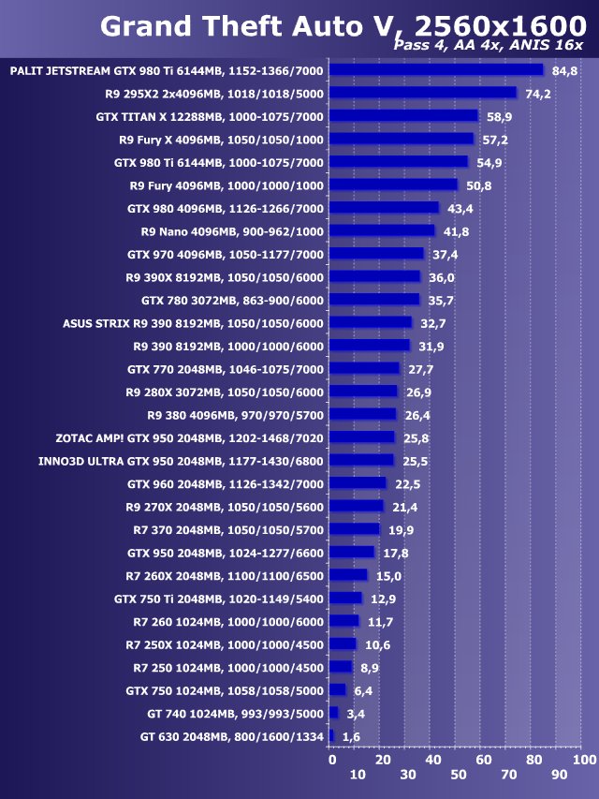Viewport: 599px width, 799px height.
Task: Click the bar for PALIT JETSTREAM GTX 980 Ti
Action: coord(436,70)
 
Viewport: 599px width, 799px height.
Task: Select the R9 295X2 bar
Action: coord(423,93)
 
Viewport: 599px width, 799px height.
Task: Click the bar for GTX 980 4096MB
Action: coord(384,208)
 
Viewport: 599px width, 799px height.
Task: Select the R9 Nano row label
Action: coord(232,231)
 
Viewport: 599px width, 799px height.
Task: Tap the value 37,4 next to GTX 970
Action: coord(445,254)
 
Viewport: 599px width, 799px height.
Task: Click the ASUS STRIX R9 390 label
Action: coord(193,323)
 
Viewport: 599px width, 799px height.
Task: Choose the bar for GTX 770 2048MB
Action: coord(365,369)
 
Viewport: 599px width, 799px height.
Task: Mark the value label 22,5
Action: coord(407,483)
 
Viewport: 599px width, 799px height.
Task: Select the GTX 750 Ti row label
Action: coord(219,599)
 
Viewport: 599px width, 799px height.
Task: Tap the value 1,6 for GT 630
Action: coord(352,737)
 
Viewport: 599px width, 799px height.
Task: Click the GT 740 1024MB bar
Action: coord(333,713)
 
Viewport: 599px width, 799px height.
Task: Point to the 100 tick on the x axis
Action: coord(584,758)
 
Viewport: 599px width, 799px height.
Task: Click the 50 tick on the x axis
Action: coord(458,775)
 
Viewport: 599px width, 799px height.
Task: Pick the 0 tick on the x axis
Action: coord(331,758)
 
